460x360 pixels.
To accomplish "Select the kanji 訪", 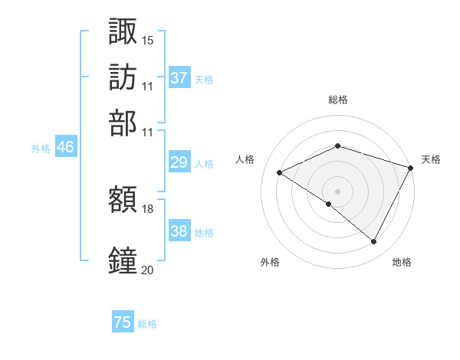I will (123, 77).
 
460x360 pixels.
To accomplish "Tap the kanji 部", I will (123, 123).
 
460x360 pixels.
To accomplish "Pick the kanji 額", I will (123, 200).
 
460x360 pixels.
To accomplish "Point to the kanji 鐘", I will (123, 260).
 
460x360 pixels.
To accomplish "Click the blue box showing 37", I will (179, 78).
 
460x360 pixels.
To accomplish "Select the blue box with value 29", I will (179, 162).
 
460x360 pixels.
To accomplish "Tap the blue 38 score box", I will (179, 231).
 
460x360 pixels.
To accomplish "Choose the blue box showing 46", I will (65, 148).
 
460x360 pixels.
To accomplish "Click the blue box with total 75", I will (123, 322).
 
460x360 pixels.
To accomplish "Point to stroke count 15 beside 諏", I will (148, 39).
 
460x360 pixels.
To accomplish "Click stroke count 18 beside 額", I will (148, 208).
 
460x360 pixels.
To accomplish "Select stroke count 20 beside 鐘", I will (148, 269).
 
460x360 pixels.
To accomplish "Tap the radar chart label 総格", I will (337, 100).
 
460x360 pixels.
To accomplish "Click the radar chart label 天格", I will (431, 159).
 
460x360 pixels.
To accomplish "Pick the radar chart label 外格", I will (269, 262).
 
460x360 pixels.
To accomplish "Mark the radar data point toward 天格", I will (411, 167).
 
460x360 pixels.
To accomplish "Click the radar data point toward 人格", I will (280, 172).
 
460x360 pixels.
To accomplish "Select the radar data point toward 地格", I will (374, 242).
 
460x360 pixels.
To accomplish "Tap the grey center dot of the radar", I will (337, 191).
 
